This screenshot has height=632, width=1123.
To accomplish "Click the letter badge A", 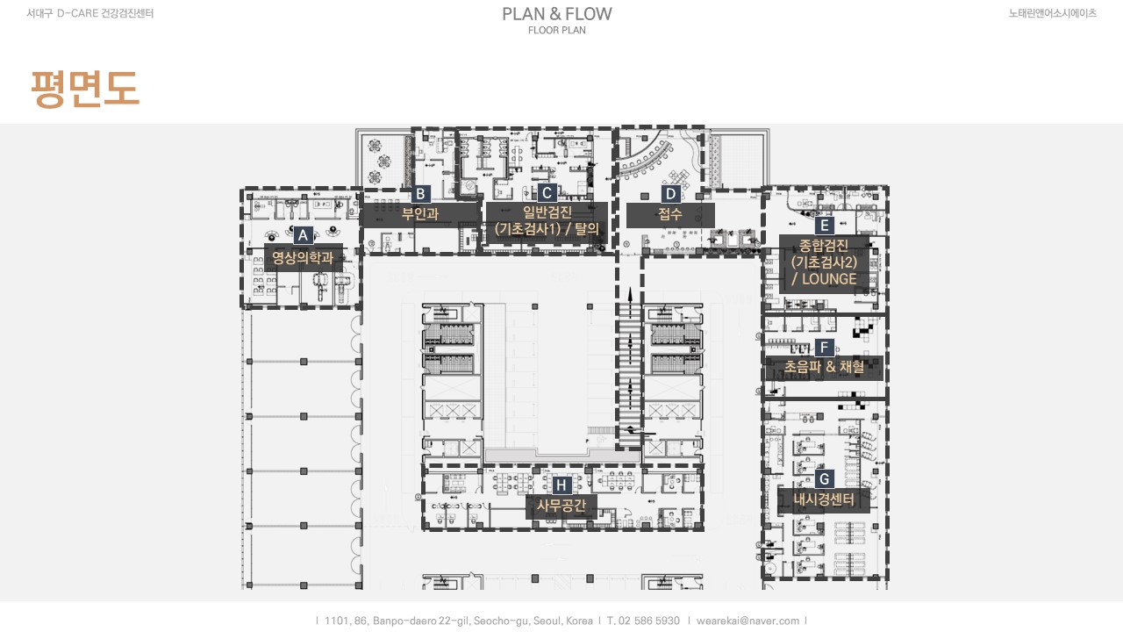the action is (303, 235).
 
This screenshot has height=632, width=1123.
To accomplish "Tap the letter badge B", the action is (420, 194).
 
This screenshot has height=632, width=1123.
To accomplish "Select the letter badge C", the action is (547, 193).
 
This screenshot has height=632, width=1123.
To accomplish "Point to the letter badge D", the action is (670, 194).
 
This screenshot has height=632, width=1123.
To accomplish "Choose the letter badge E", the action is (824, 226).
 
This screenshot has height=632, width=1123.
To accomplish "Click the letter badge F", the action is (824, 348).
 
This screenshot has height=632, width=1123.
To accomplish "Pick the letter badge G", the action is (824, 479).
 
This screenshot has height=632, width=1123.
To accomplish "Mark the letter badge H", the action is (561, 485).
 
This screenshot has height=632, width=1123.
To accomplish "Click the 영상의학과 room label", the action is (303, 257).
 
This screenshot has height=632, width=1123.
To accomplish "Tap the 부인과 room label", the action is (420, 214).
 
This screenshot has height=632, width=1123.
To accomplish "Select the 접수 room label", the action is (670, 214).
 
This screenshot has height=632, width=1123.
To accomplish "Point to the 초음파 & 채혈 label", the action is (824, 367).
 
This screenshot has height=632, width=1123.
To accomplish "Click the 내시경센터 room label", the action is (824, 499).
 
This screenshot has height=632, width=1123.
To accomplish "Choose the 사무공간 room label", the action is (561, 505).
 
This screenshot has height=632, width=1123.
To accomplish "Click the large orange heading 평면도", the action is (85, 89).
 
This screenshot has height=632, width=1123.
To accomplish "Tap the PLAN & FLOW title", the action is (557, 14).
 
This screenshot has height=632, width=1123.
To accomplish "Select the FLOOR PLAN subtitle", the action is (557, 30).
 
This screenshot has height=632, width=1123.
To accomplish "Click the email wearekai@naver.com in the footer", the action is (747, 621).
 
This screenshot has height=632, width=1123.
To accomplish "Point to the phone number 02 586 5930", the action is (649, 621).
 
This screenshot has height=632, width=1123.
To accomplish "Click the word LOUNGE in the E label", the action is (829, 279).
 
